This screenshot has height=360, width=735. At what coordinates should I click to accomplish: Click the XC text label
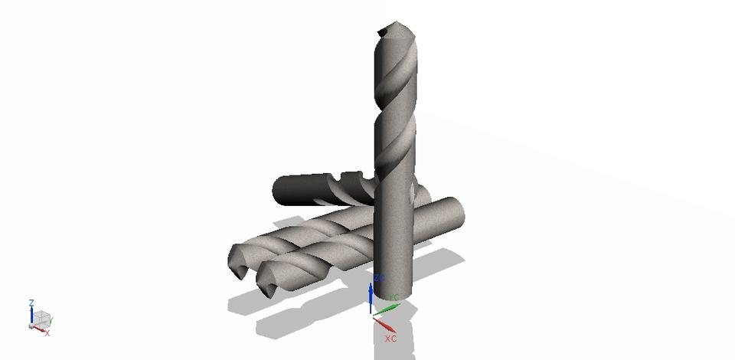(390, 338)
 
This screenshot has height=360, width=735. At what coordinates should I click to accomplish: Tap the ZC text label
(379, 278)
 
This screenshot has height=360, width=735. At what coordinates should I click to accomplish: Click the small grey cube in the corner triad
(43, 317)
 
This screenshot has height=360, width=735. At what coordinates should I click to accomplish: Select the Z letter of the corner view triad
(31, 303)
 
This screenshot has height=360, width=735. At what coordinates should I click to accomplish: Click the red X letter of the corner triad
(47, 333)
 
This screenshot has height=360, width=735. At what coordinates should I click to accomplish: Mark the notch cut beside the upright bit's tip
(383, 32)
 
